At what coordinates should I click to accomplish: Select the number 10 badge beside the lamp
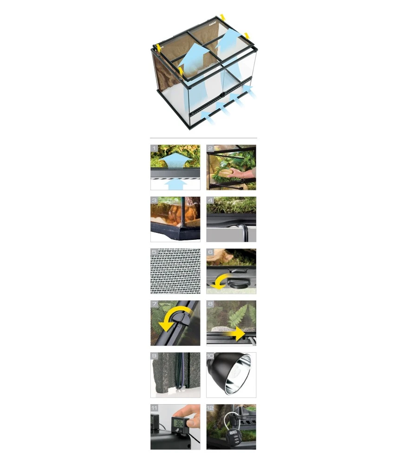point(210,356)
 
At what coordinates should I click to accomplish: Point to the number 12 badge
point(210,408)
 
